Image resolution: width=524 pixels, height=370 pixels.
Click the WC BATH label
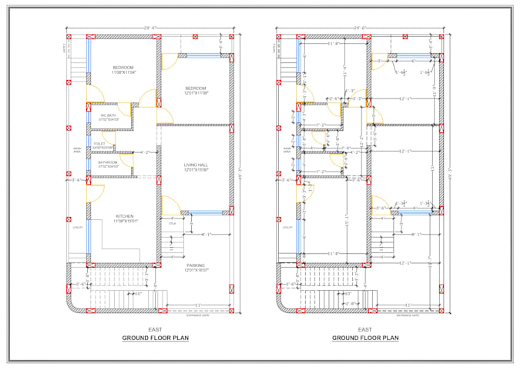coord(108,117)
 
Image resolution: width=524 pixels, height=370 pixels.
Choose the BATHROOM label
coord(108,163)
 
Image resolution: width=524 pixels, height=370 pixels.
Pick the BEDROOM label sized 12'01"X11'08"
coord(196,91)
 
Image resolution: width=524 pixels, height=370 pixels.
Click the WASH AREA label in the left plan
coord(77,150)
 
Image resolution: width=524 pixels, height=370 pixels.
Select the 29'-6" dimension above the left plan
coord(148,28)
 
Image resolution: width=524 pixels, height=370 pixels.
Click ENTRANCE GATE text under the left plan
coord(197,315)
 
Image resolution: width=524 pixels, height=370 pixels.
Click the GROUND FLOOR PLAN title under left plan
coord(155,338)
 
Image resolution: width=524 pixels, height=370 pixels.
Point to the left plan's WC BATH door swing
coord(146,98)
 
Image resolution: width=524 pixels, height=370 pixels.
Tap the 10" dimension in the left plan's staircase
coord(138,293)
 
